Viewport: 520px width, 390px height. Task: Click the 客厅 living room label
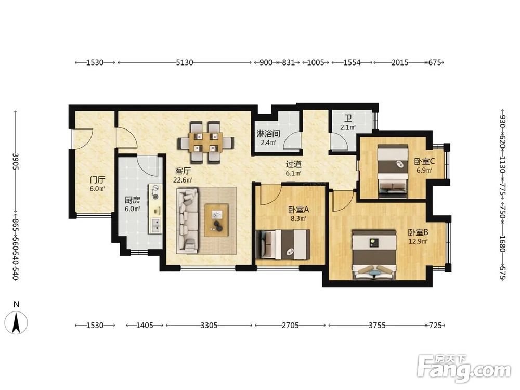(183, 171)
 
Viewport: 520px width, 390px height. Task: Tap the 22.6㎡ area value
(183, 180)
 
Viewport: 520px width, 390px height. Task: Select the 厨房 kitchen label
(132, 200)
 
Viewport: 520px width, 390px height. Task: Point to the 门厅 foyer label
(98, 180)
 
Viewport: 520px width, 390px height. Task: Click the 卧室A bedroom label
(298, 210)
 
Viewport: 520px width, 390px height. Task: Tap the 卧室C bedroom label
(424, 162)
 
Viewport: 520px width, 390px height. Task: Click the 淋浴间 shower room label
(268, 134)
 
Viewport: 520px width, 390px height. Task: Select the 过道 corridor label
(294, 164)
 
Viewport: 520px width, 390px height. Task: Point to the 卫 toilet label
(348, 119)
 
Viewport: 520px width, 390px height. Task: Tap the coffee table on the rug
(216, 220)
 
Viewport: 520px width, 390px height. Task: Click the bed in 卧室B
(374, 255)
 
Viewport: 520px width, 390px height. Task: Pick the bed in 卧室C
(393, 172)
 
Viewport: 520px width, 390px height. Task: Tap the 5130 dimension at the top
(185, 62)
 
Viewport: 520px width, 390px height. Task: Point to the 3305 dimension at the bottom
(209, 326)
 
